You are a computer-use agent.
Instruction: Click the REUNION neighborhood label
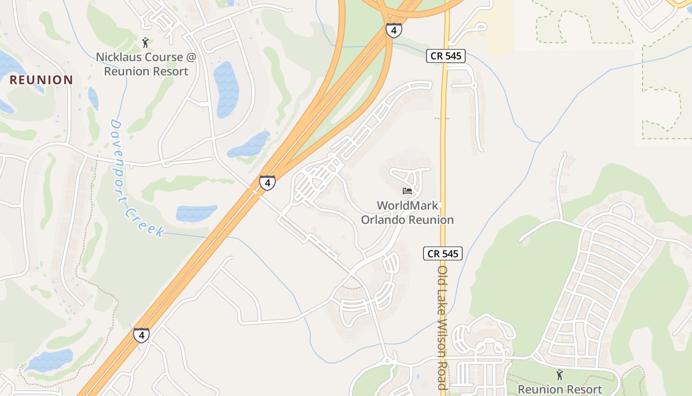click(42, 80)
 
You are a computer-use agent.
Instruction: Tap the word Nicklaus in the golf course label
click(118, 57)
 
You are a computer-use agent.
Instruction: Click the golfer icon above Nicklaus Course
click(145, 43)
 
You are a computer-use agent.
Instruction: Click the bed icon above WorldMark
click(407, 191)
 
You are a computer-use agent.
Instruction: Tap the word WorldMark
click(407, 205)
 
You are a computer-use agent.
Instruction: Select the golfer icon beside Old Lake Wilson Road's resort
click(560, 375)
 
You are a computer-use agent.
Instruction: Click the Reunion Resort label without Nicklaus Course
click(560, 390)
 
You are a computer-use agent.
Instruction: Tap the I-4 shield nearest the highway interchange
click(393, 31)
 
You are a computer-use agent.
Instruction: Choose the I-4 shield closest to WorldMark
click(267, 183)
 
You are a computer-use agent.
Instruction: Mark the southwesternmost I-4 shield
click(141, 335)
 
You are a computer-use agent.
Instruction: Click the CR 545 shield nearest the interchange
click(446, 56)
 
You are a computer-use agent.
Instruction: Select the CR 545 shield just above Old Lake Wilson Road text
click(443, 254)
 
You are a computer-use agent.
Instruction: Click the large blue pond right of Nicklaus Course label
click(226, 89)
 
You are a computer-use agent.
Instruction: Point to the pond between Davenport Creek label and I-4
click(196, 213)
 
